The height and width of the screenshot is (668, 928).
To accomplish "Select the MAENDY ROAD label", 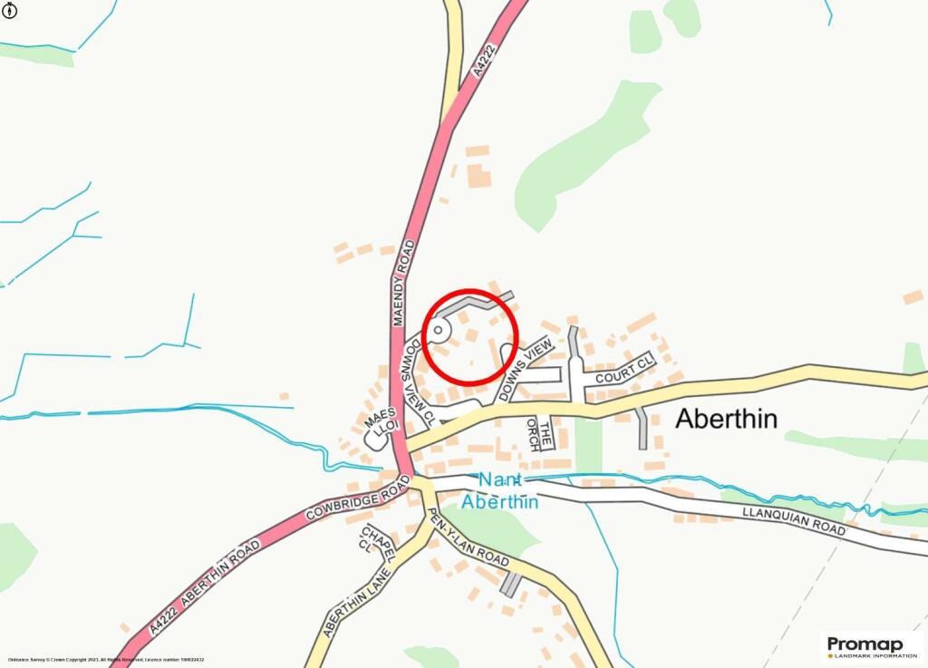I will click(403, 284).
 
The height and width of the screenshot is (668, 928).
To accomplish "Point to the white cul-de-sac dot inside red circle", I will click(439, 331).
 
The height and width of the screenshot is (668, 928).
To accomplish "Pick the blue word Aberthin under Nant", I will click(499, 501).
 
